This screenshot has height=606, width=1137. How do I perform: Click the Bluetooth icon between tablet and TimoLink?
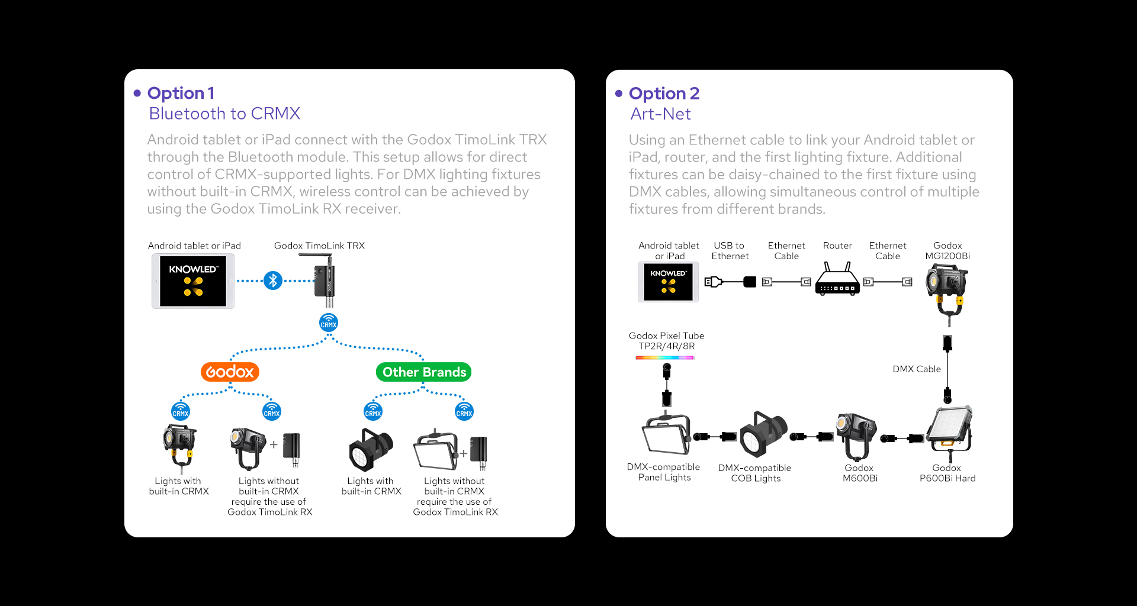[x=273, y=281]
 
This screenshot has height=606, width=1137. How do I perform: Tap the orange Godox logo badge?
[x=230, y=372]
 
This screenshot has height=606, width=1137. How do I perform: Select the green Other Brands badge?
[x=423, y=372]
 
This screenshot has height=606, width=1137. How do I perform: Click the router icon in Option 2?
[x=837, y=280]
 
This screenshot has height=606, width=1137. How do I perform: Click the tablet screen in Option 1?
[x=193, y=281]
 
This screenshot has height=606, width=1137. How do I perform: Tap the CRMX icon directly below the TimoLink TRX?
[x=329, y=323]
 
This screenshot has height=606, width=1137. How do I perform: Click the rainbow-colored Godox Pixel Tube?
[x=664, y=357]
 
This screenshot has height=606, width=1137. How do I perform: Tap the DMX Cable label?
[x=916, y=369]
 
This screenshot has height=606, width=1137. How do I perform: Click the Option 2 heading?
[x=664, y=94]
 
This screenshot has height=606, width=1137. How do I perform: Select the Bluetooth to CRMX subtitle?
[x=224, y=114]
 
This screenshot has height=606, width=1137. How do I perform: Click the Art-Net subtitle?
[x=660, y=114]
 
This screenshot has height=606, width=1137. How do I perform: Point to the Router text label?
[x=837, y=246]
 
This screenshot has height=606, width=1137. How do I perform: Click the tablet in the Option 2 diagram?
[x=668, y=282]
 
